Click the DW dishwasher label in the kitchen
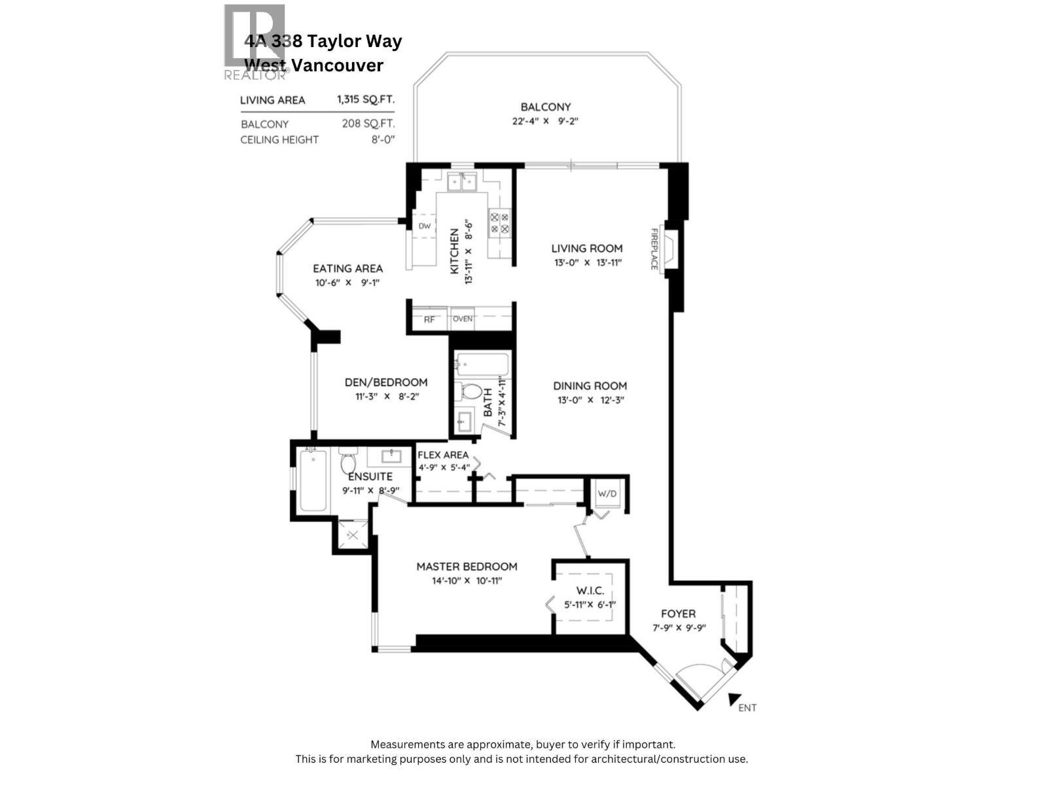coord(425,226)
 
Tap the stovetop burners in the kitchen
coord(500,222)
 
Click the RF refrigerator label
coord(429,320)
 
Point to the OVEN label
coord(463,319)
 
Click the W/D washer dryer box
coord(607,493)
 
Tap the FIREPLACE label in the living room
coord(654,249)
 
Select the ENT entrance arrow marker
coord(735,699)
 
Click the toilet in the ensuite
coord(348,462)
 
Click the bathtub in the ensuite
coord(313,481)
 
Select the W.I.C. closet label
coord(590,591)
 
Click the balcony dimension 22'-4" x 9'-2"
coord(546,121)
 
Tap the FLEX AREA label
coord(443,455)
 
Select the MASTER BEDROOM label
coord(467,567)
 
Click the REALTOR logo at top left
coord(255,42)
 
